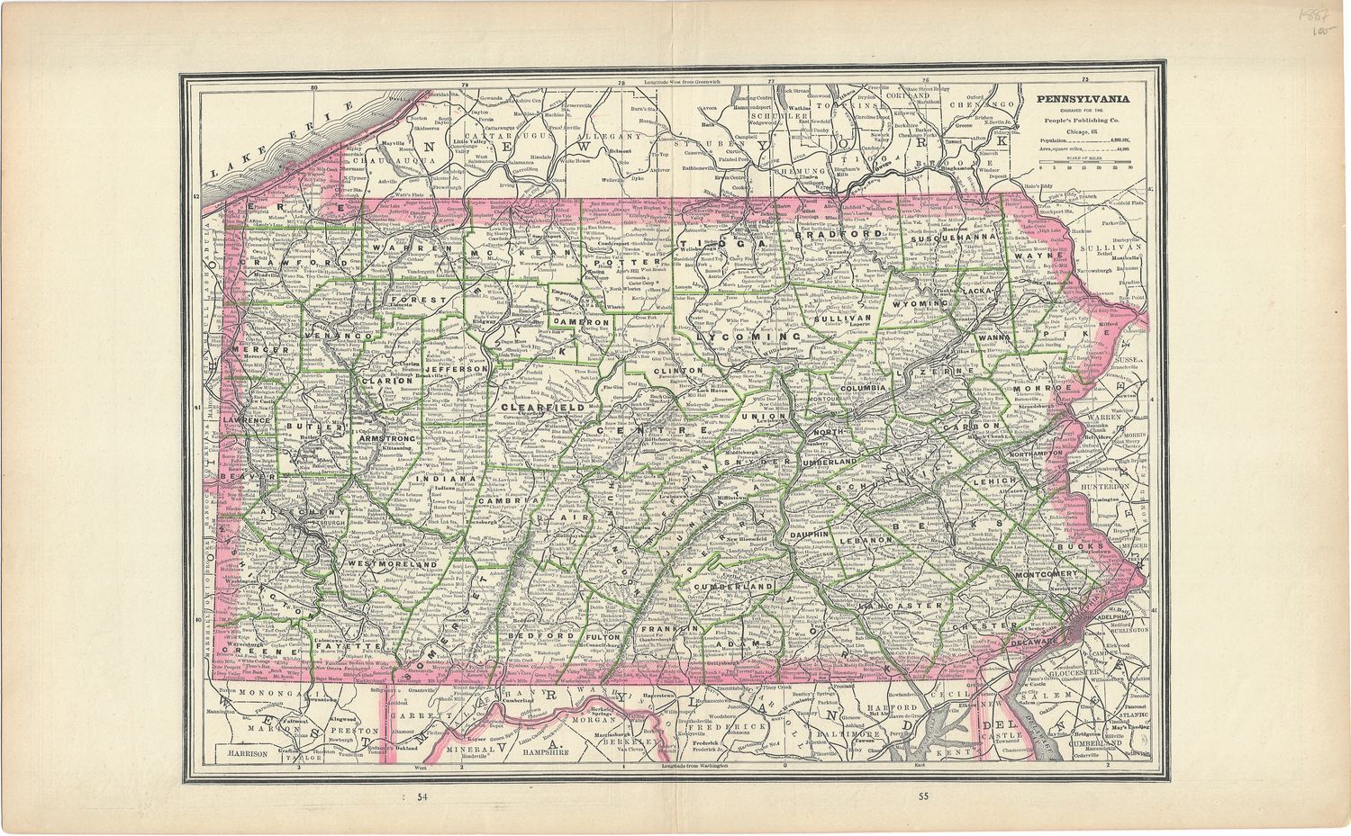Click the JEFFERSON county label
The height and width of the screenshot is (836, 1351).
pyautogui.click(x=458, y=369)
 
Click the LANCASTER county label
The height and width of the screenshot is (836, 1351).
pyautogui.click(x=902, y=607)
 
